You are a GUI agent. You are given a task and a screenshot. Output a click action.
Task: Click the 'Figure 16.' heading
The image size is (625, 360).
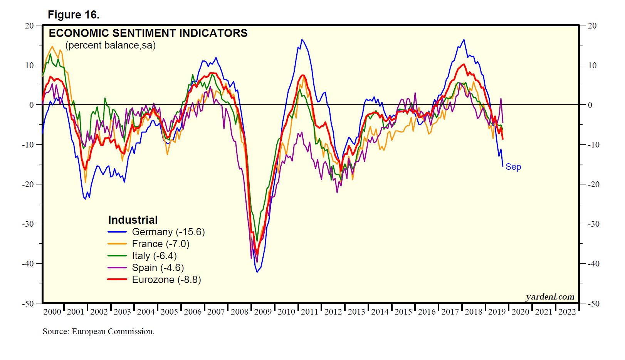[x=74, y=15]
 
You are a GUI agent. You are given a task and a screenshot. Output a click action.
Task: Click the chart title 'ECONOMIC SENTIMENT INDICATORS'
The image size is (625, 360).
[x=148, y=33]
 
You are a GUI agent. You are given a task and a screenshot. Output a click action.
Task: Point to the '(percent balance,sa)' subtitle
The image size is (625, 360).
[x=111, y=45]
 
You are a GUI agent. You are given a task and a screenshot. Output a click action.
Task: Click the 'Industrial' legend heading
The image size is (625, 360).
[x=133, y=220]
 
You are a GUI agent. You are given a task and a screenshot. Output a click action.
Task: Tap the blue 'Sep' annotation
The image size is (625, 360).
[x=513, y=167]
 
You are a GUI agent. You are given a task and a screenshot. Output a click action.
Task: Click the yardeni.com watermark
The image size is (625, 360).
[x=550, y=296]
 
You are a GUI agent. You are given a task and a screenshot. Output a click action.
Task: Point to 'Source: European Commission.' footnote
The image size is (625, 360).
[x=98, y=332]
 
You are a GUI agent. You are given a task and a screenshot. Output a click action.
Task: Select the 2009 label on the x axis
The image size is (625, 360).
[x=263, y=312]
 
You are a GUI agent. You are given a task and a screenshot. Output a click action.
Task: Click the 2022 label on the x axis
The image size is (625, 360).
[x=567, y=312]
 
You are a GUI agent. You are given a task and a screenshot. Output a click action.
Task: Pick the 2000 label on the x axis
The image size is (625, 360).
[x=52, y=312]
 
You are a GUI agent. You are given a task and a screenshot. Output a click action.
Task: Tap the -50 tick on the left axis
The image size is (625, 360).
[x=28, y=303]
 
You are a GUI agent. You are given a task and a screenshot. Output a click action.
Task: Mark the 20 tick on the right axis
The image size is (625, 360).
[x=592, y=26]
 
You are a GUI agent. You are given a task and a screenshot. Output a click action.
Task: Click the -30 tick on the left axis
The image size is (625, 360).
[x=28, y=224]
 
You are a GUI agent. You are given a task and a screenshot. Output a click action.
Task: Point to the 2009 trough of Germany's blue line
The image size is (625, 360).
[x=257, y=272]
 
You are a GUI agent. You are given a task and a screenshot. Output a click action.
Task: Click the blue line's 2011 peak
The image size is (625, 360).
[x=302, y=40]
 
